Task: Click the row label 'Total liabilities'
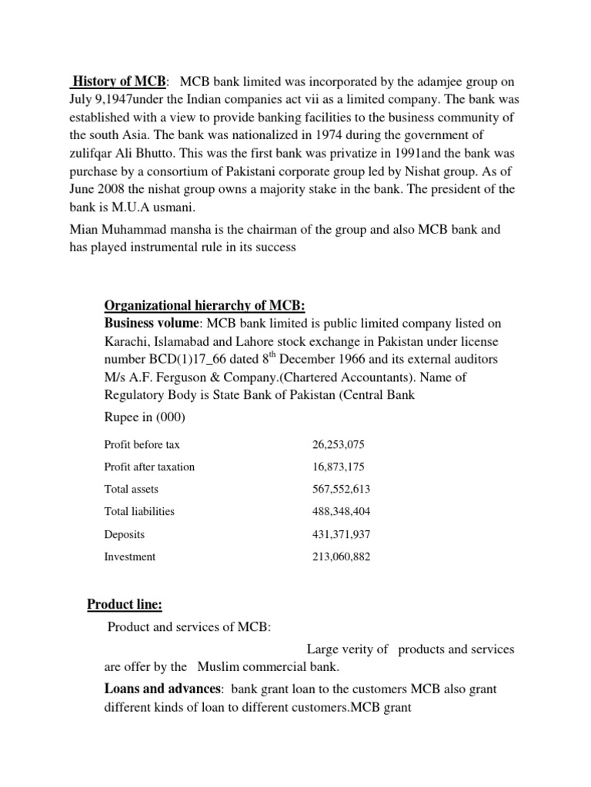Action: click(139, 511)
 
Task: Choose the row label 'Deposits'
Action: click(125, 533)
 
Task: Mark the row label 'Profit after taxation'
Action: click(149, 467)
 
